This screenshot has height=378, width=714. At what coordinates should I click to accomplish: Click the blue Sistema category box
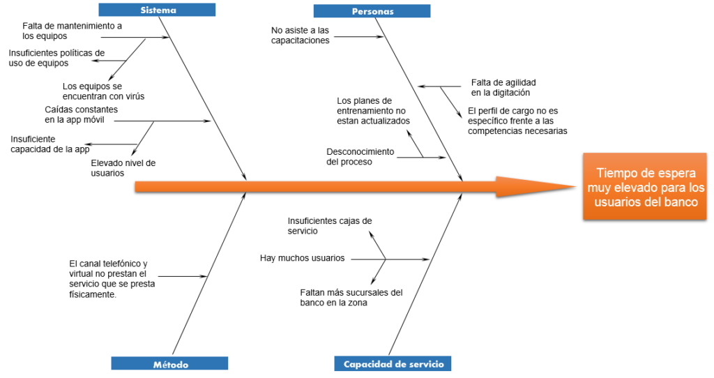(157, 10)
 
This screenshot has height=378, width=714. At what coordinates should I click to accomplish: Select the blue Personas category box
(372, 11)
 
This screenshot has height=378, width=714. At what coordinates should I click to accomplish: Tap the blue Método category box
(169, 363)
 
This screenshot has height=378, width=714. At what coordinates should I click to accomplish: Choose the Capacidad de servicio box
(393, 363)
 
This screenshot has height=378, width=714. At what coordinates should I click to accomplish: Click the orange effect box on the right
(645, 187)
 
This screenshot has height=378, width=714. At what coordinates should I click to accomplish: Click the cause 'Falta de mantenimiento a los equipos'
(72, 31)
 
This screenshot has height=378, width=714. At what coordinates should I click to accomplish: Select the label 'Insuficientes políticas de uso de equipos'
(56, 57)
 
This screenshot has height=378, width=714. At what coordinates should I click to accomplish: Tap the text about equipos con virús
(103, 91)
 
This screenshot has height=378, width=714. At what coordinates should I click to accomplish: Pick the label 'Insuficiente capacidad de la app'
(50, 144)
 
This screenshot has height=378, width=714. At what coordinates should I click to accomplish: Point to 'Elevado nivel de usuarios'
(123, 167)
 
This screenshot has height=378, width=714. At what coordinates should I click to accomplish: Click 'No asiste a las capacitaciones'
(301, 35)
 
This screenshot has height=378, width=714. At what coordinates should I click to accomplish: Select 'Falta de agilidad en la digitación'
(503, 87)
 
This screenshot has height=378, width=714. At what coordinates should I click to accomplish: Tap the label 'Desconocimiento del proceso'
(360, 156)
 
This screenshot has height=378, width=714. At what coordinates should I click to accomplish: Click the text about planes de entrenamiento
(373, 111)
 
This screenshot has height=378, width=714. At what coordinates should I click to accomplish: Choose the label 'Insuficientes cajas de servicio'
(329, 225)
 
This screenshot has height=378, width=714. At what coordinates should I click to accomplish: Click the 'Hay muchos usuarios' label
(302, 258)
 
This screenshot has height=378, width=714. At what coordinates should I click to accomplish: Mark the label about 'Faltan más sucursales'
(351, 298)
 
